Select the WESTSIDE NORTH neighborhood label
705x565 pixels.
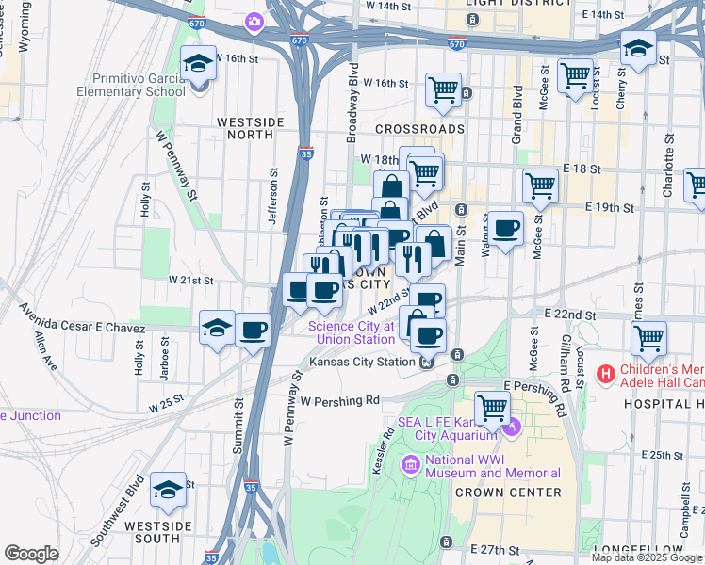(250, 130)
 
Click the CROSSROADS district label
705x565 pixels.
(419, 129)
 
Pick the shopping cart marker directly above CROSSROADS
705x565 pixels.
(443, 91)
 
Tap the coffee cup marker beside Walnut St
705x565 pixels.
(506, 229)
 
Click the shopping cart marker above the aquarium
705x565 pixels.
(492, 408)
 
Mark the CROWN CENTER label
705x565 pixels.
(508, 492)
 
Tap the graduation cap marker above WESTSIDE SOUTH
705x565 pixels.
(169, 491)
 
